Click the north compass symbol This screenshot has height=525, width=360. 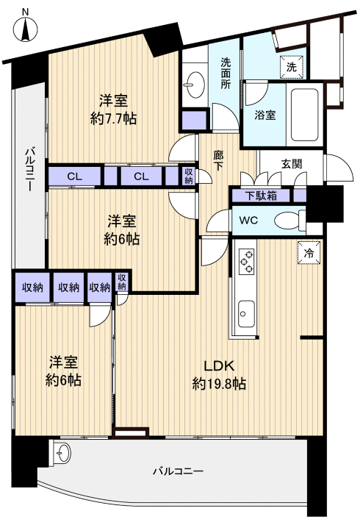tap(26, 31)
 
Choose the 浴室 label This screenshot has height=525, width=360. tap(265, 115)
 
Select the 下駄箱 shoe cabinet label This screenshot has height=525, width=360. tap(262, 196)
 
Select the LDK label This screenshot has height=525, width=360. tap(218, 366)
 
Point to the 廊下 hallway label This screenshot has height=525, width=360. tap(219, 160)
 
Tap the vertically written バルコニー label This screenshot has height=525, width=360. tap(29, 169)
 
